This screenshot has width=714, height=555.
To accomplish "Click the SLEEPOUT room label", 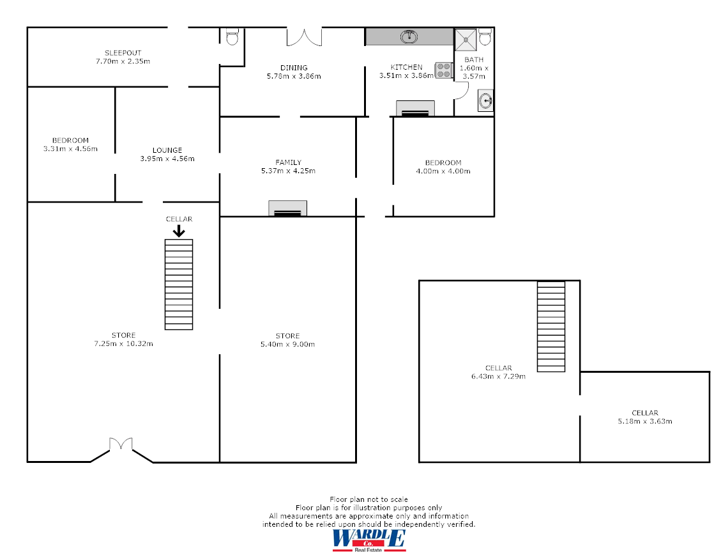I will pyautogui.click(x=123, y=52).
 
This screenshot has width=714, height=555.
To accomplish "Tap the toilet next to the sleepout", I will pyautogui.click(x=232, y=36).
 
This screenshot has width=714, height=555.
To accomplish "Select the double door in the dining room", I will pyautogui.click(x=303, y=37).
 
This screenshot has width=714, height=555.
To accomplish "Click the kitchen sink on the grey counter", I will pyautogui.click(x=409, y=36).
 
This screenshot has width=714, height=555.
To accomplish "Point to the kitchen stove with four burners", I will pyautogui.click(x=443, y=70).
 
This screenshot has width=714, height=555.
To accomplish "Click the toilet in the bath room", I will pyautogui.click(x=485, y=37).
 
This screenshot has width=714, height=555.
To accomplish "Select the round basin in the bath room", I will pyautogui.click(x=486, y=100).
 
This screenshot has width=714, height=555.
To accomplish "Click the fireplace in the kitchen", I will pyautogui.click(x=415, y=109).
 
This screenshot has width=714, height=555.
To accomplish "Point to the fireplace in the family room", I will pyautogui.click(x=287, y=208).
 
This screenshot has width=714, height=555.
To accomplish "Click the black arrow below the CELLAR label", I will pyautogui.click(x=179, y=230).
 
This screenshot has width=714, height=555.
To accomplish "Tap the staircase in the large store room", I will pyautogui.click(x=179, y=284).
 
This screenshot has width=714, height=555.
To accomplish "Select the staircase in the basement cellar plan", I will pyautogui.click(x=551, y=326).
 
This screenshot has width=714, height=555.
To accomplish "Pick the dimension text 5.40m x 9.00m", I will pyautogui.click(x=287, y=345).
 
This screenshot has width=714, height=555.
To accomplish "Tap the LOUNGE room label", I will pyautogui.click(x=167, y=150).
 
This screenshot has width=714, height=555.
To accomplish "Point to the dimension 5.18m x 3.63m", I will pyautogui.click(x=644, y=421).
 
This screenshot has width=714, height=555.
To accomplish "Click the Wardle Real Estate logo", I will pyautogui.click(x=368, y=540).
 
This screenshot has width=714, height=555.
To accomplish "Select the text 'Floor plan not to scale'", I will pyautogui.click(x=368, y=499).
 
